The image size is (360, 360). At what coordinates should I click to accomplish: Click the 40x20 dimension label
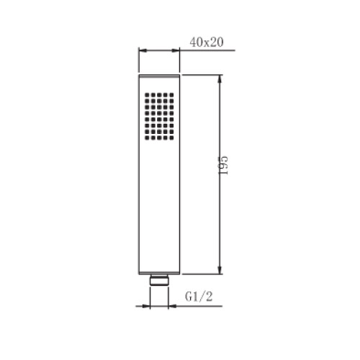click(207, 42)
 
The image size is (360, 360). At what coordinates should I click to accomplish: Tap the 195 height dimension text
click(222, 166)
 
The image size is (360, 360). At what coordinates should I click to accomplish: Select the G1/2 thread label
click(199, 297)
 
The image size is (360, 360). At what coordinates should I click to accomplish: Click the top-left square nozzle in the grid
click(147, 95)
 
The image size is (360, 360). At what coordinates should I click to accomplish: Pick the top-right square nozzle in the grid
click(171, 95)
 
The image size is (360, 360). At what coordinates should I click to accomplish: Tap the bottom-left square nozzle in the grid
click(147, 138)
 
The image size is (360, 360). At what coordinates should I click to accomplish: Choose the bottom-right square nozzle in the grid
click(171, 138)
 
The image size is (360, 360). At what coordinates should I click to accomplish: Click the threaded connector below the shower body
click(159, 280)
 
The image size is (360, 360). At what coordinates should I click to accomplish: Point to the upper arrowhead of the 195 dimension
click(220, 79)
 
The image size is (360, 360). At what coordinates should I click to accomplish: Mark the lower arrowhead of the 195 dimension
click(220, 269)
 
